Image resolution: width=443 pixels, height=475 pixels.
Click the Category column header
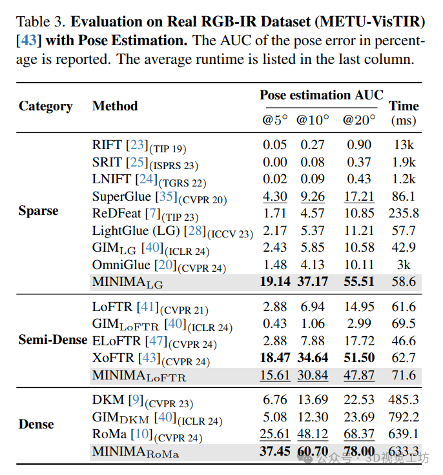click(x=45, y=106)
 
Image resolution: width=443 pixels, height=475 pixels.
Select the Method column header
click(x=115, y=106)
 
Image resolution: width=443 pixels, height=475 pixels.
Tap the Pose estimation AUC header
click(x=321, y=95)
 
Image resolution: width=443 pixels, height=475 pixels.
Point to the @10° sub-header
click(x=313, y=120)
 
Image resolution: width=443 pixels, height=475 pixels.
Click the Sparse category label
click(x=38, y=211)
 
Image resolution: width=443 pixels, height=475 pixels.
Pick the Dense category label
click(x=36, y=425)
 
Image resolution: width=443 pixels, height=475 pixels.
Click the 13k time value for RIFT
click(x=404, y=145)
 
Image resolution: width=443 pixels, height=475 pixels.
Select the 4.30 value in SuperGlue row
click(x=274, y=196)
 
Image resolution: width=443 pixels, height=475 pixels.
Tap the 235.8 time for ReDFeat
click(x=404, y=214)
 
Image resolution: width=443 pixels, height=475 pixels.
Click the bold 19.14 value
click(x=274, y=282)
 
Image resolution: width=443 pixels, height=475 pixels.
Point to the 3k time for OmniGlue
click(x=404, y=265)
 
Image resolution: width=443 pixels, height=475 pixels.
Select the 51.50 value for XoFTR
click(x=359, y=357)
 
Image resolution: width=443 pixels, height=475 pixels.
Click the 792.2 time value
click(x=404, y=417)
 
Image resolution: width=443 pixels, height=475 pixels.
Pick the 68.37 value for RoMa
click(x=359, y=434)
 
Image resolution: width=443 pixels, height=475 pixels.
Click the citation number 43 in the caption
click(x=29, y=41)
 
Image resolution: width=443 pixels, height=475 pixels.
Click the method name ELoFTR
click(x=116, y=340)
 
